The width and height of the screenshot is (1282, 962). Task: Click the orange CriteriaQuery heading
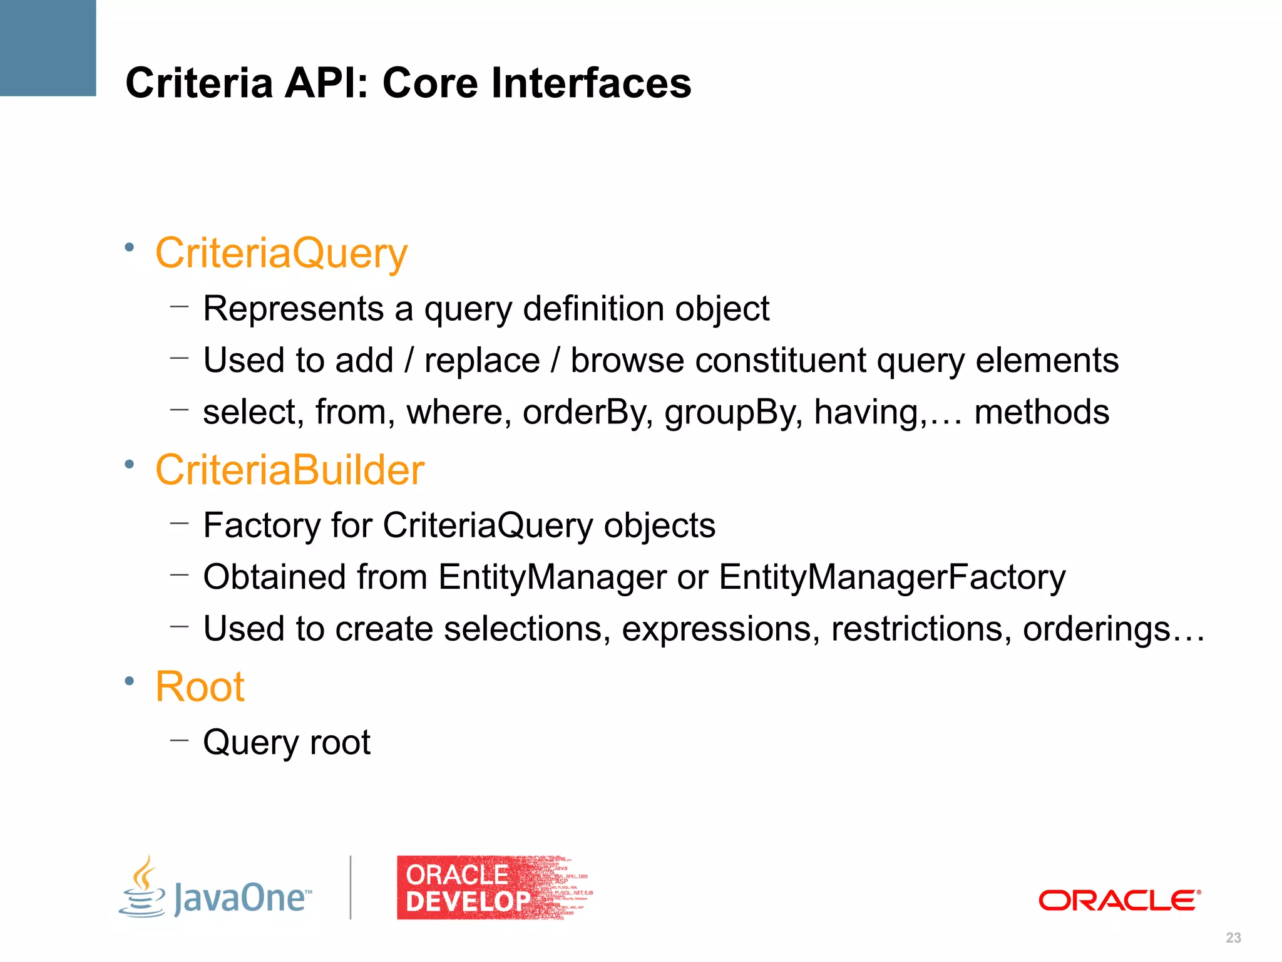[281, 254]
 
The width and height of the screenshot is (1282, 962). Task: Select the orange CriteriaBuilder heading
[289, 470]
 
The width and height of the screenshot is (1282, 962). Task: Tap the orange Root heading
[199, 686]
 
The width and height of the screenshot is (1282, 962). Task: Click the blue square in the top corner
[48, 48]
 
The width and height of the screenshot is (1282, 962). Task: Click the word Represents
[293, 309]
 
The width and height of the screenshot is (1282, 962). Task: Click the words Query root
[287, 742]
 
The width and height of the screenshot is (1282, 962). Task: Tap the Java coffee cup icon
[143, 888]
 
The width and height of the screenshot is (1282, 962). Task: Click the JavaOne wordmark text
[241, 898]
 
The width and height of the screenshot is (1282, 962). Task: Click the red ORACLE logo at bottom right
[1119, 901]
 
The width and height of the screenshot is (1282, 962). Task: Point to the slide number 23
[1233, 938]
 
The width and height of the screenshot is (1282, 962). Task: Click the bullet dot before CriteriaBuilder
[129, 464]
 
